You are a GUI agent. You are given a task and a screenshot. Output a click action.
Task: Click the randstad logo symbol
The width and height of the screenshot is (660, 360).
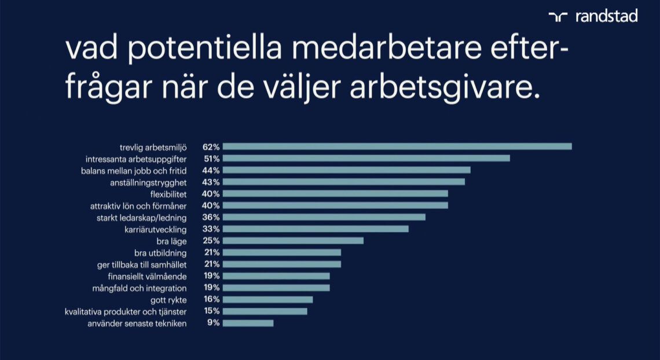tap(558, 17)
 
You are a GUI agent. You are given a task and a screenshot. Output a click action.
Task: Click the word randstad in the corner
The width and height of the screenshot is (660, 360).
tap(606, 16)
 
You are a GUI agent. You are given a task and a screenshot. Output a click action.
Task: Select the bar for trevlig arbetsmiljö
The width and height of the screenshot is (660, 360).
tap(397, 146)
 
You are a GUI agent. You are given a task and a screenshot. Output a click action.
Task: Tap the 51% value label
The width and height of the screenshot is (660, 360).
tap(211, 158)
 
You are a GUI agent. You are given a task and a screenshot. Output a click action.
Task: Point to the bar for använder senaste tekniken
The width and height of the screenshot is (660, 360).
tap(248, 323)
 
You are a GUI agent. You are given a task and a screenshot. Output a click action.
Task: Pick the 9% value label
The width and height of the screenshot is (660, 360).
tap(214, 323)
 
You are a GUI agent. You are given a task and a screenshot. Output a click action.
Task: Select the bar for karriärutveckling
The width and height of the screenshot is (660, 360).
tap(316, 229)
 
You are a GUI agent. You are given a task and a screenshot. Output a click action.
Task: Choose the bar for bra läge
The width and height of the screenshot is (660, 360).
tap(293, 240)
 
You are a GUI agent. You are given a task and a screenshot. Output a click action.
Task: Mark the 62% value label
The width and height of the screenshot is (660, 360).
tap(211, 146)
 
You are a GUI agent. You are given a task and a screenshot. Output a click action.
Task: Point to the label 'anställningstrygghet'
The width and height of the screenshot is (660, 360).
tap(148, 182)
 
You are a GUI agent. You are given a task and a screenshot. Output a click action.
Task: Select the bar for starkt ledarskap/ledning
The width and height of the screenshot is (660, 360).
tap(324, 217)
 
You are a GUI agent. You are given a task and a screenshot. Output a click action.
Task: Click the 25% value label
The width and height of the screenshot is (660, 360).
tap(211, 240)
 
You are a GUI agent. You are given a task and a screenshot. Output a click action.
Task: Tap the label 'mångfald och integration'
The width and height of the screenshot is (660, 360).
tap(140, 288)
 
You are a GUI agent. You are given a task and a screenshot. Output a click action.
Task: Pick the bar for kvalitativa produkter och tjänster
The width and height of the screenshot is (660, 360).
tap(265, 311)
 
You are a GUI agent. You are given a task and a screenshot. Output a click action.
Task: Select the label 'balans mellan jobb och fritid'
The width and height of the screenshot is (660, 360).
tap(133, 170)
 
